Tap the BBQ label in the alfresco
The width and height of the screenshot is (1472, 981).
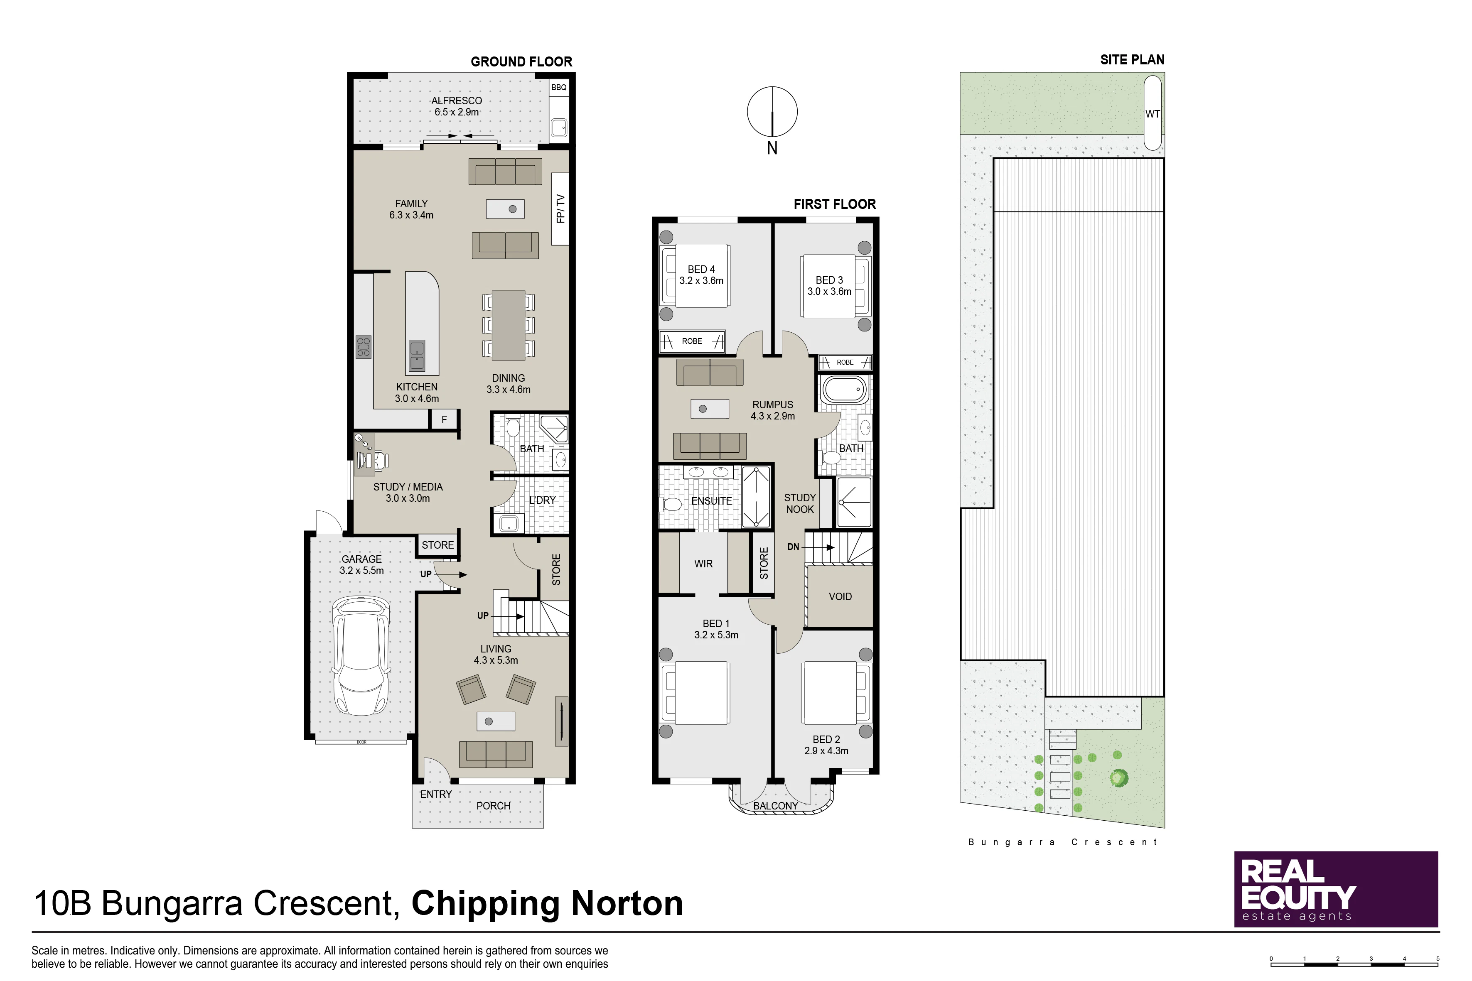(559, 88)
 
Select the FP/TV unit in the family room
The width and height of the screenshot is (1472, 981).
(560, 209)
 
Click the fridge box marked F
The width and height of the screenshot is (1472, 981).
(445, 419)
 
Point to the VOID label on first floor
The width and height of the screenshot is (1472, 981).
(840, 597)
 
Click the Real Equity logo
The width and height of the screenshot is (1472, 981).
(1336, 889)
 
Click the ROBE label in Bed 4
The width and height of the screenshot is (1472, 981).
(692, 341)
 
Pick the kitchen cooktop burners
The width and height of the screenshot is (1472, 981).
(364, 347)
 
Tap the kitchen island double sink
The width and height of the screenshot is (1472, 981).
(417, 356)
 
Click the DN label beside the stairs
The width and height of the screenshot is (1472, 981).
(793, 547)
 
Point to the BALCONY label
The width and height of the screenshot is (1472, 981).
(775, 806)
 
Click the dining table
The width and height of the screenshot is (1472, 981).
(508, 325)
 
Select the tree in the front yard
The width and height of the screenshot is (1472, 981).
(1119, 778)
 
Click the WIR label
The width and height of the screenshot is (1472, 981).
(703, 564)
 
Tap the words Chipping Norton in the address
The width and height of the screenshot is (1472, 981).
(547, 903)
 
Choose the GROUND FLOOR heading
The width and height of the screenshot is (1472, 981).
(521, 62)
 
